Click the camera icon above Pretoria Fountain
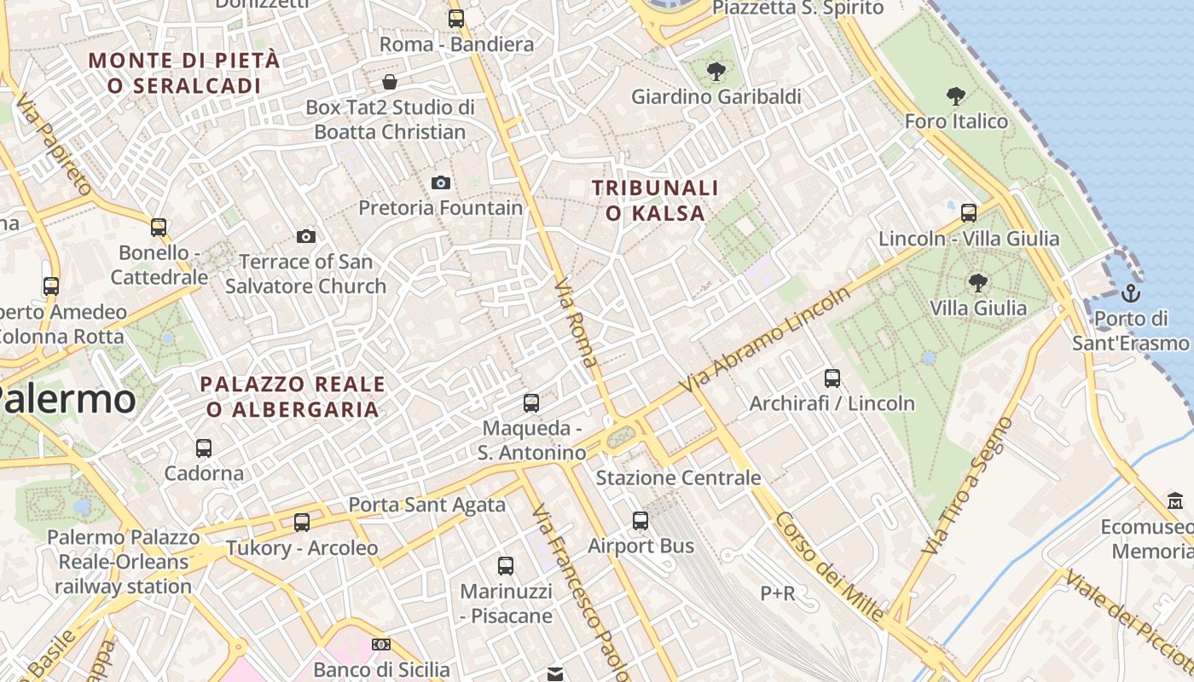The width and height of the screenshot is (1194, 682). click(x=441, y=182)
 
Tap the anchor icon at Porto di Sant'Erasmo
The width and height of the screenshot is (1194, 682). click(x=1131, y=294)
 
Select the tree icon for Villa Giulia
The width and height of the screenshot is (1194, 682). click(x=977, y=282)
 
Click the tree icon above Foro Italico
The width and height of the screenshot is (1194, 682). click(x=955, y=96)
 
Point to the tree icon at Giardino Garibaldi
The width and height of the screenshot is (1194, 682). click(x=716, y=72)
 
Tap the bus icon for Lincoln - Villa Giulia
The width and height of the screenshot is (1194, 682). click(x=969, y=213)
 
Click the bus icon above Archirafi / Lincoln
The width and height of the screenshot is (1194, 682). click(x=832, y=378)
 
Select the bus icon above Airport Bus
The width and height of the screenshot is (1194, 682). click(x=640, y=520)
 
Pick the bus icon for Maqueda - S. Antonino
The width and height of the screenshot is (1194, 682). click(x=531, y=402)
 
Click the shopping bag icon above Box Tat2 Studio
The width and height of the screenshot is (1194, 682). click(x=390, y=82)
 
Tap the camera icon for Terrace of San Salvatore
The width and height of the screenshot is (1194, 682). click(x=306, y=236)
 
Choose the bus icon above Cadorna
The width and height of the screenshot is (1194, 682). click(x=203, y=448)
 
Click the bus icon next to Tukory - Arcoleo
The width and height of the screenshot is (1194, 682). click(x=302, y=522)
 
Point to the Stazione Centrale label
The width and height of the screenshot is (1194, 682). click(x=678, y=477)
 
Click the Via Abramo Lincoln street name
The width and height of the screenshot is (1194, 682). click(x=766, y=340)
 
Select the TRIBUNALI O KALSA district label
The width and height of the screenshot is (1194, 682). click(x=656, y=200)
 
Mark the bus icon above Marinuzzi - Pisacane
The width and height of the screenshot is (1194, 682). click(x=506, y=565)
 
